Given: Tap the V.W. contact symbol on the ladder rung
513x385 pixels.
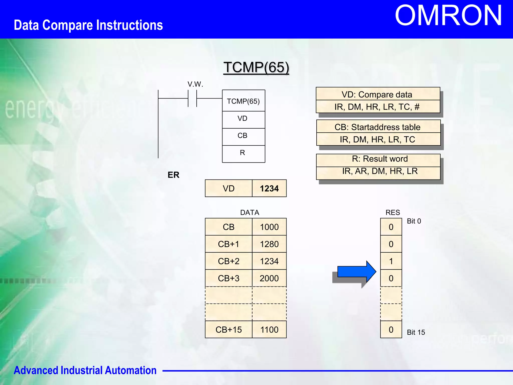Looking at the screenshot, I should tap(192, 99).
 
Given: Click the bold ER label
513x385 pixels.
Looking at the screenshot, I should tap(173, 175).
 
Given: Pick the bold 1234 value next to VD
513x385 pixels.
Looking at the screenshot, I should tap(269, 188).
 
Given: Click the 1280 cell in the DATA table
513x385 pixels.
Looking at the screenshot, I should tap(269, 244).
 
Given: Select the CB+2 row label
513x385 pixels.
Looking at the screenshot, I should tap(228, 261).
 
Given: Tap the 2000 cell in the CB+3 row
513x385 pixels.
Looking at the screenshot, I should tap(269, 278).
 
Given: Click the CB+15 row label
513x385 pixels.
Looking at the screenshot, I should tap(228, 330).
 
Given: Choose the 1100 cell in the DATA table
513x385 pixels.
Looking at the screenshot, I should tap(269, 330).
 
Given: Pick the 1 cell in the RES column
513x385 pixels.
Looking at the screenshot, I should tap(391, 261).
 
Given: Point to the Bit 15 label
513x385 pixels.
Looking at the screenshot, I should tap(416, 332).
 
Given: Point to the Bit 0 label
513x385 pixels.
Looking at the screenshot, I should tap(414, 221).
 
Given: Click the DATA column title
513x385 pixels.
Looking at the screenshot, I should tap(249, 213).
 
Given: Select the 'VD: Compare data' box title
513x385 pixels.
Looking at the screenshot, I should tap(377, 94).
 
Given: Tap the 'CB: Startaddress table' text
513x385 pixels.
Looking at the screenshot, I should tap(377, 127).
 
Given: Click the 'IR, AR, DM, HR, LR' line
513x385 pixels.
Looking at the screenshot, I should tap(380, 171).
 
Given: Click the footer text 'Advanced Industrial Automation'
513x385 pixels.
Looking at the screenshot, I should tap(85, 370).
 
